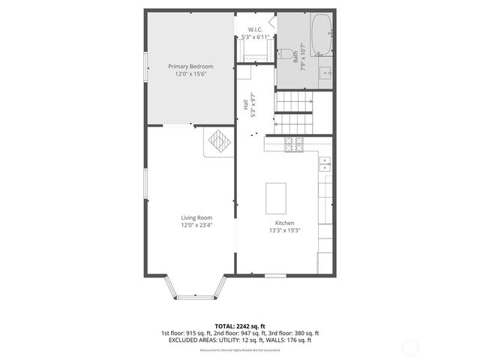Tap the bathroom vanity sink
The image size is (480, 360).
coord(325,73)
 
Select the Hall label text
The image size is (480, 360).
coord(246,106)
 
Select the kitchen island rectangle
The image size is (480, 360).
coord(277,197)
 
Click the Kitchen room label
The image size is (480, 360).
coord(284,223)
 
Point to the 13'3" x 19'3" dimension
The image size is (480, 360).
coord(284,231)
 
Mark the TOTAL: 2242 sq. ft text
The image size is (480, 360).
coord(239,325)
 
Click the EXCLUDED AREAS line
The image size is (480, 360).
coord(239,340)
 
